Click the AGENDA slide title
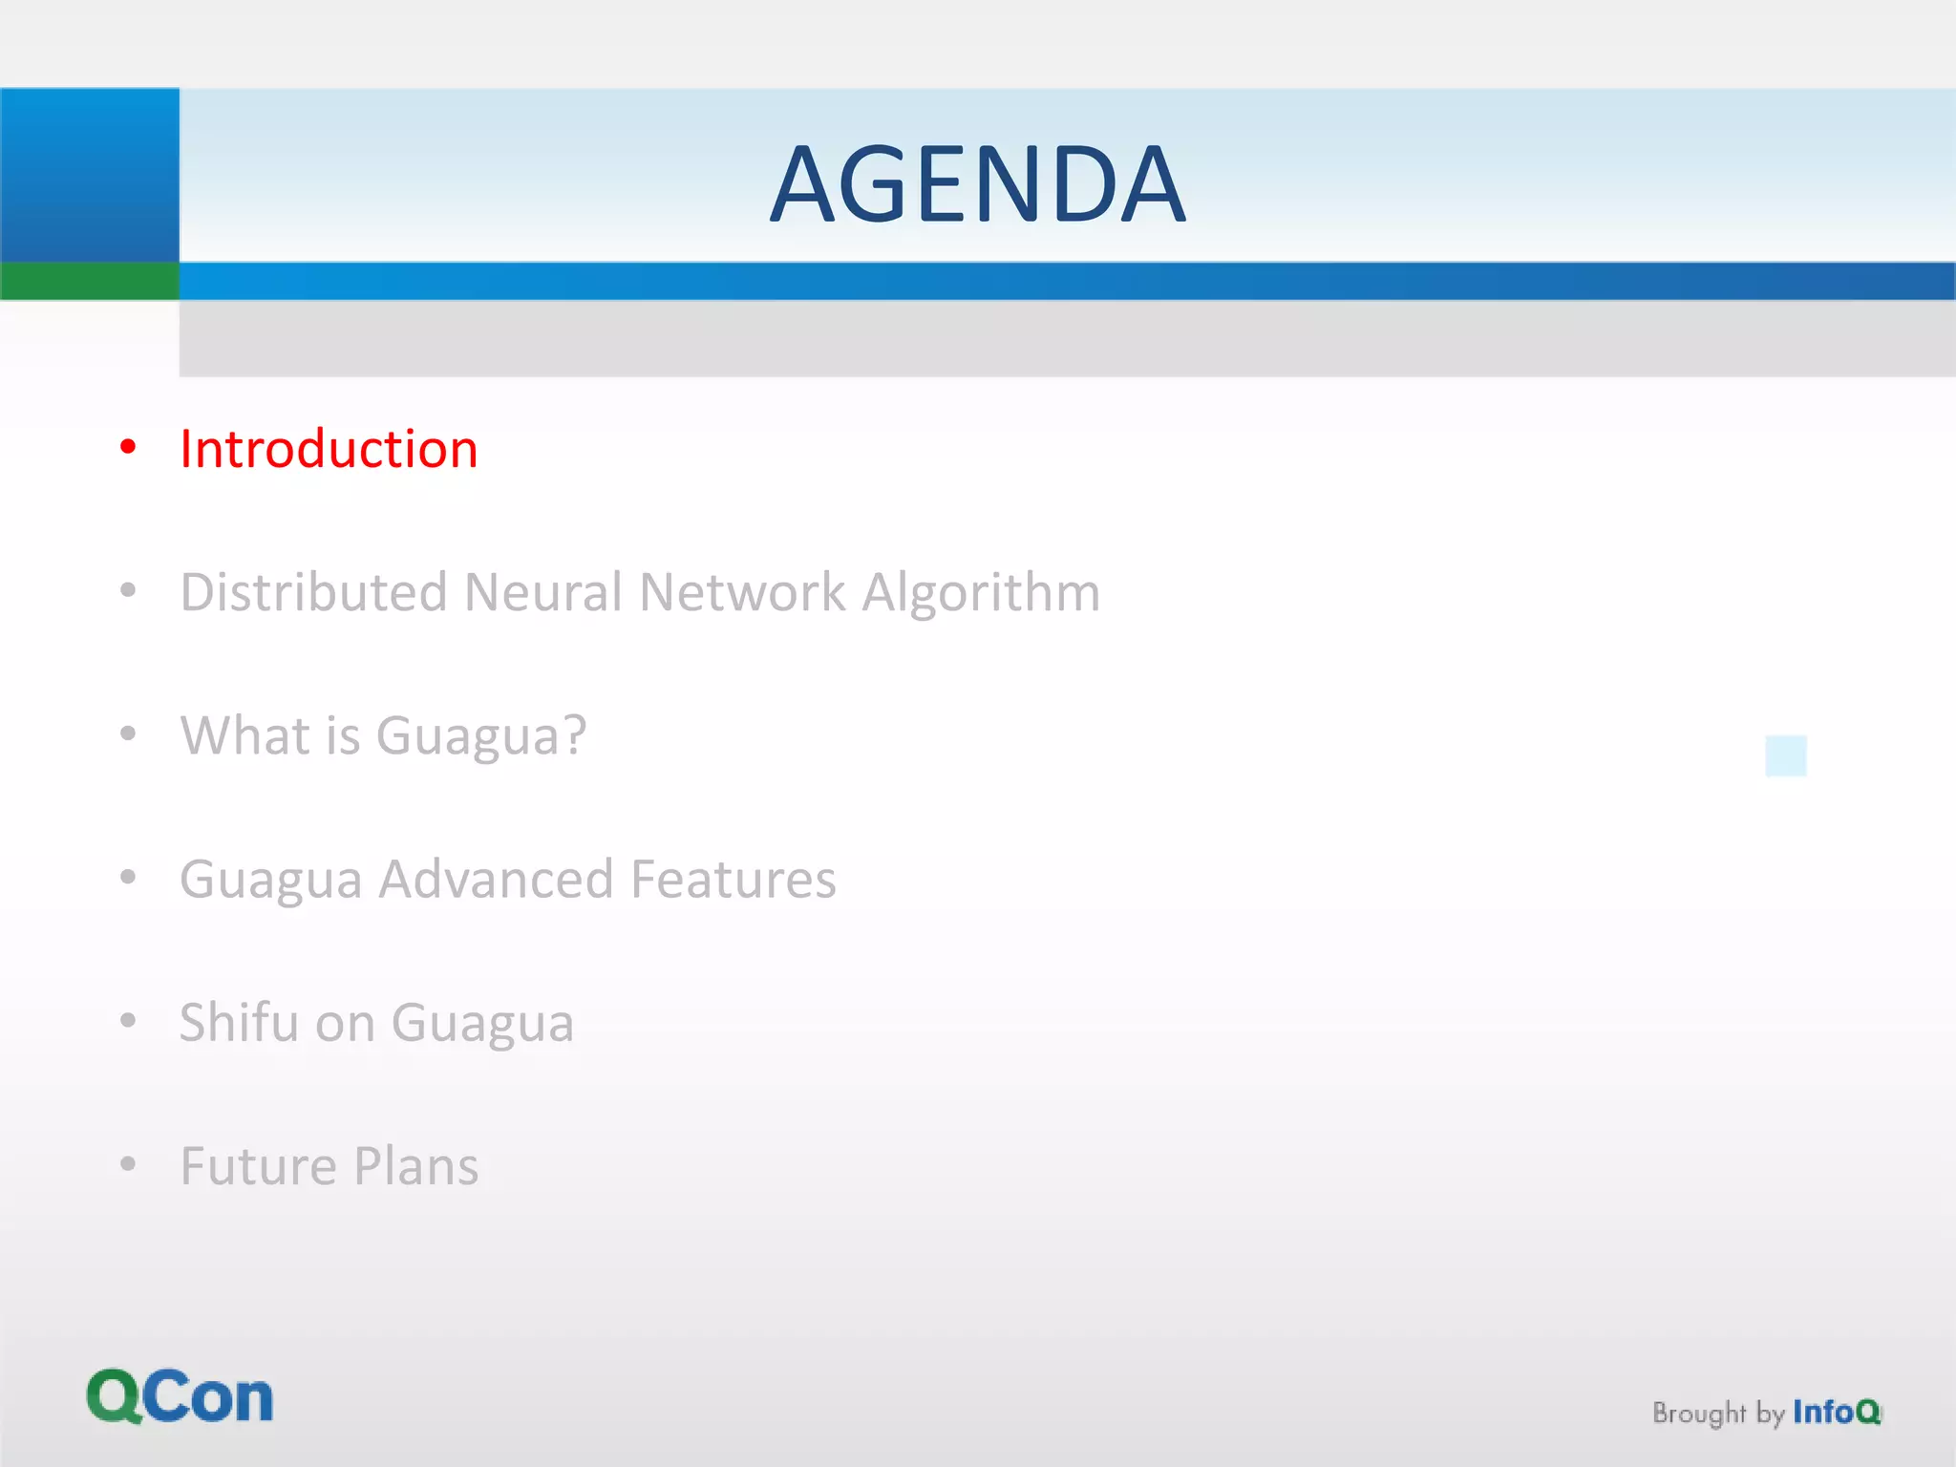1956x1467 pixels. [977, 183]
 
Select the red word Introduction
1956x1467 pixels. [329, 449]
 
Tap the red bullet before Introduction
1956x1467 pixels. [129, 447]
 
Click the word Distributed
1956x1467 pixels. [313, 592]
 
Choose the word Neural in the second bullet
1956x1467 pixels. [543, 592]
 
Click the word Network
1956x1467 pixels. [742, 592]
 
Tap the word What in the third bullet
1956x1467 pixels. [244, 735]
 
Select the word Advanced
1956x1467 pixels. [496, 879]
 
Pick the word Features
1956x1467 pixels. [733, 879]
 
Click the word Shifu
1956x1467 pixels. [240, 1022]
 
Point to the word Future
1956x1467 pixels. [259, 1166]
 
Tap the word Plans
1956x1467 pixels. [415, 1166]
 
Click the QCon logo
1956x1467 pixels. [180, 1396]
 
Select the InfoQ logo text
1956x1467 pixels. [1836, 1412]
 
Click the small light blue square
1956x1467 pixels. [1785, 755]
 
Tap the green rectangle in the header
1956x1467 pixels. [89, 281]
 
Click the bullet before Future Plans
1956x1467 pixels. [129, 1164]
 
